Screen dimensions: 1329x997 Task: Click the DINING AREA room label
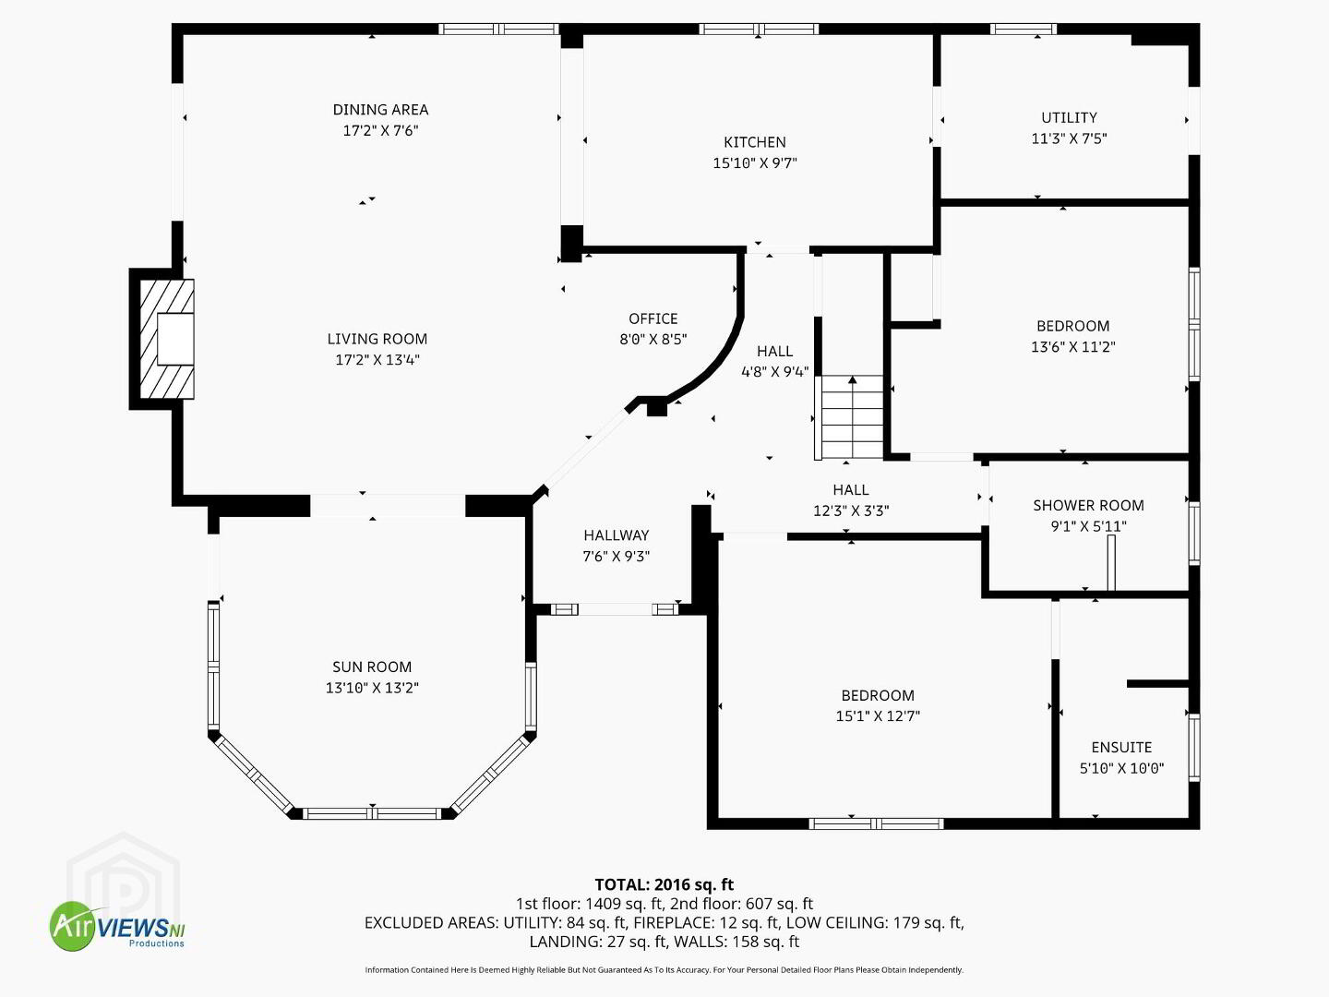click(x=380, y=110)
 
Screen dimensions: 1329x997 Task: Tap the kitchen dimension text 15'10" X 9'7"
click(x=754, y=162)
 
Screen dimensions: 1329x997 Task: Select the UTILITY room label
click(x=1069, y=117)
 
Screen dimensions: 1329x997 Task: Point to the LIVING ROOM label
click(x=377, y=339)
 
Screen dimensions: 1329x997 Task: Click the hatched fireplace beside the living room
click(x=167, y=339)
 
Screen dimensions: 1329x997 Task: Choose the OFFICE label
click(x=653, y=318)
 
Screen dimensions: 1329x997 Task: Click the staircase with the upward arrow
click(x=852, y=417)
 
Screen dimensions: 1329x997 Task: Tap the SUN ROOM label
click(x=372, y=667)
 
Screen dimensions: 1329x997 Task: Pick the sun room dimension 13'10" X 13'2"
click(x=372, y=688)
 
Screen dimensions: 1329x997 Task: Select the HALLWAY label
click(x=616, y=535)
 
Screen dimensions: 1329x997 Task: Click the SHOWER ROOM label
click(x=1088, y=506)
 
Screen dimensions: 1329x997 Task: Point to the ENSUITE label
click(x=1121, y=748)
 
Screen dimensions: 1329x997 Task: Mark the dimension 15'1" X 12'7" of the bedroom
click(x=878, y=716)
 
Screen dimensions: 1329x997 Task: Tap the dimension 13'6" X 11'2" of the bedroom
click(x=1072, y=347)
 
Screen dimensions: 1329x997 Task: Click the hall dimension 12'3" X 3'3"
click(x=851, y=511)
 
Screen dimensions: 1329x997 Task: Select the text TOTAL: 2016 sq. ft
click(x=664, y=885)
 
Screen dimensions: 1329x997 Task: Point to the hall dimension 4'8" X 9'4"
click(x=774, y=372)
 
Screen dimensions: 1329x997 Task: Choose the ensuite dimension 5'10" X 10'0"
click(x=1121, y=768)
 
